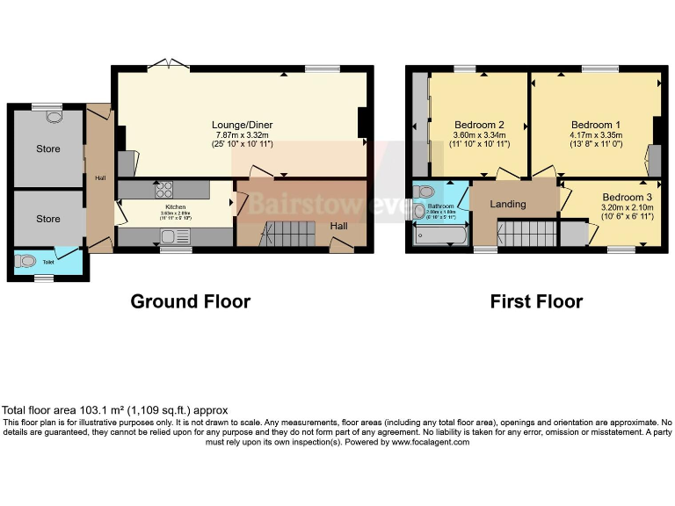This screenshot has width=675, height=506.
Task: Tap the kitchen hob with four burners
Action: pyautogui.click(x=164, y=189)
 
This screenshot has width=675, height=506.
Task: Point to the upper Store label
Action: pyautogui.click(x=48, y=148)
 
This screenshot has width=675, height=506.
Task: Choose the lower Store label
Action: pyautogui.click(x=48, y=218)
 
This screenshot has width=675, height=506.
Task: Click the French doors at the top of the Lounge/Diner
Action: pyautogui.click(x=169, y=63)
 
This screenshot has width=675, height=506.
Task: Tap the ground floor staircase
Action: pyautogui.click(x=285, y=234)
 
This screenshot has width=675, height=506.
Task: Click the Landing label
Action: pyautogui.click(x=508, y=204)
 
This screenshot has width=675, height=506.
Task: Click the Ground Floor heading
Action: pyautogui.click(x=190, y=301)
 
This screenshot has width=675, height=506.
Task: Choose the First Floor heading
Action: pyautogui.click(x=536, y=301)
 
